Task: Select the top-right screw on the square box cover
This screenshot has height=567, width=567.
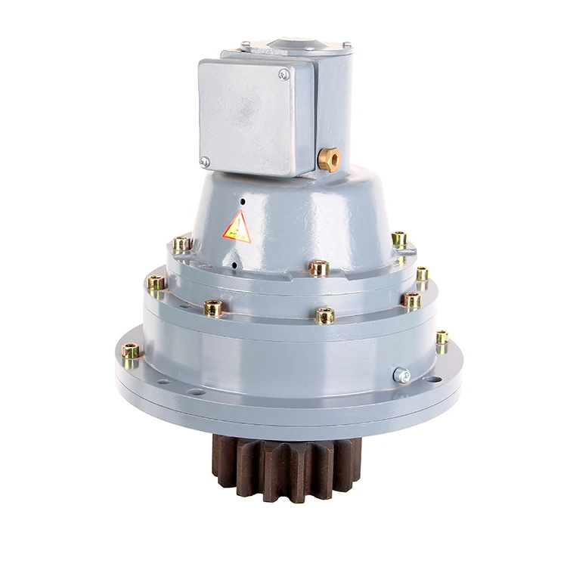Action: click(x=283, y=74)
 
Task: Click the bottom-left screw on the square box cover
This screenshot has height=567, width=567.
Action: click(x=205, y=162)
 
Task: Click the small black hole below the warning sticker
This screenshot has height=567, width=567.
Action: click(x=234, y=265)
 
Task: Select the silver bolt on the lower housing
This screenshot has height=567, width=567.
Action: click(x=402, y=375)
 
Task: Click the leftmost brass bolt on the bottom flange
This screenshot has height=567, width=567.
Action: click(x=130, y=351)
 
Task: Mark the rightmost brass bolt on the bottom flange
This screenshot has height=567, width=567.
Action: click(x=442, y=337)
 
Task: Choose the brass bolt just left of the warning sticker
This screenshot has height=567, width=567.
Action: click(x=181, y=243)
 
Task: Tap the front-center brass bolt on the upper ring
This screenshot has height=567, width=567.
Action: click(x=318, y=268)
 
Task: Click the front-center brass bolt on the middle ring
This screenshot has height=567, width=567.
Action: click(x=325, y=315)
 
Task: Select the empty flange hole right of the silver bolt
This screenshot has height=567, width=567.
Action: click(x=433, y=379)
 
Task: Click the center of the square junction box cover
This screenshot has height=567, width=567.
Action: click(x=246, y=117)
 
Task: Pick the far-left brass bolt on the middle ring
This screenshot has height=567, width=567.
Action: click(x=155, y=284)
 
